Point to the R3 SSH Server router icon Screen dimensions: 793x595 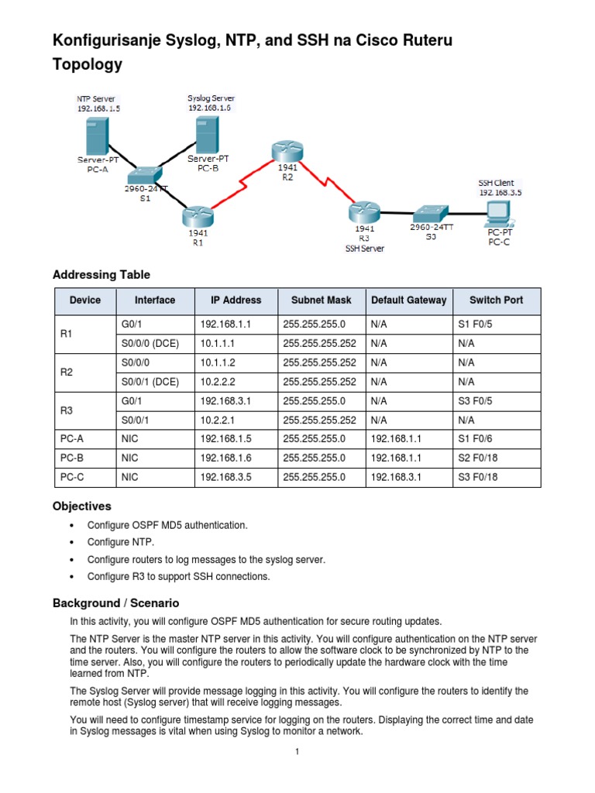coord(363,211)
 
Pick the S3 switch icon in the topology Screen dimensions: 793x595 coord(428,213)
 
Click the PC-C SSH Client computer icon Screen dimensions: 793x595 coord(498,212)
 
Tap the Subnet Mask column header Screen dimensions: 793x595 coord(321,300)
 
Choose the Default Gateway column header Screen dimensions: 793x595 coord(408,300)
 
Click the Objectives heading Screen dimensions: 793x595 coord(81,506)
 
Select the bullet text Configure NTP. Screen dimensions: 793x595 coord(121,542)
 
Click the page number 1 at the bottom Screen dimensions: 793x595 coord(297,752)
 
